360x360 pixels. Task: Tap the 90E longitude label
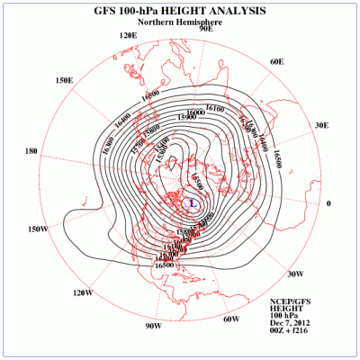[x=205, y=29]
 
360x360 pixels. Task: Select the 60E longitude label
[x=276, y=61]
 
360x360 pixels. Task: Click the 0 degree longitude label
[x=328, y=203]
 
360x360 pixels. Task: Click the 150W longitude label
[x=38, y=229]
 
